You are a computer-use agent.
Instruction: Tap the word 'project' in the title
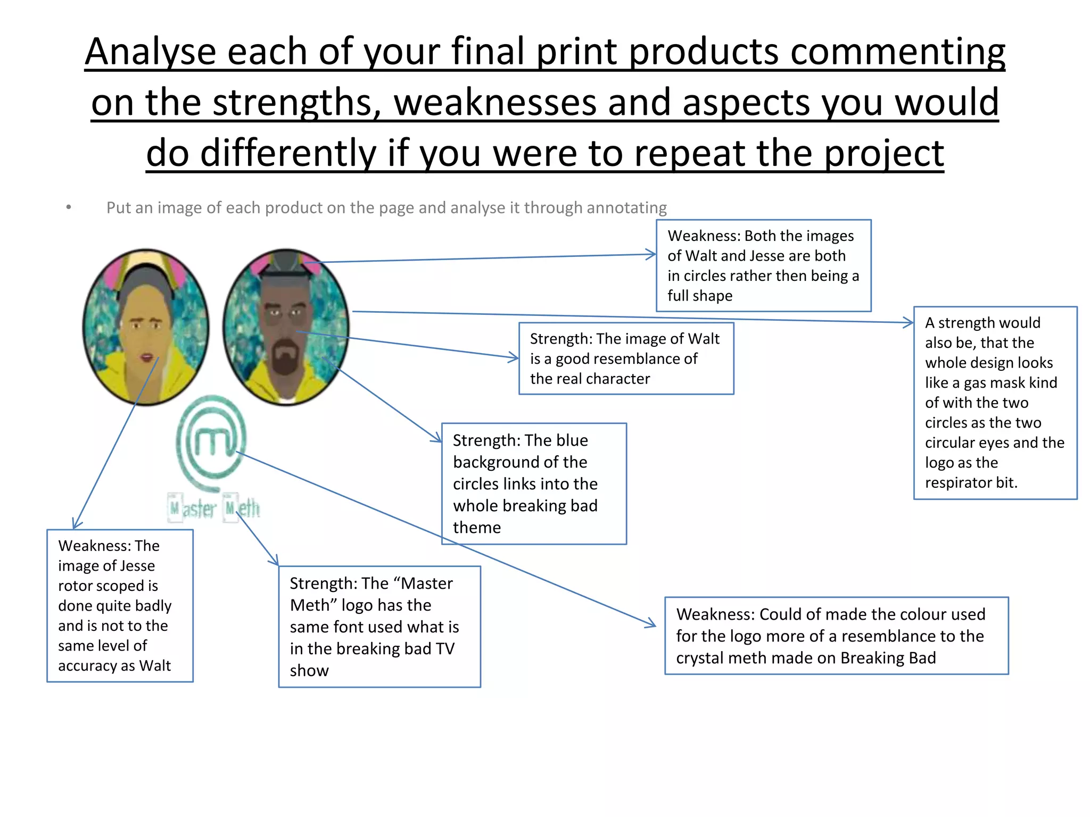tap(884, 154)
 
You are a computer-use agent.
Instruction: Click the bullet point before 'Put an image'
tap(68, 207)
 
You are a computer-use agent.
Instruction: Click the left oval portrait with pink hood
tap(146, 327)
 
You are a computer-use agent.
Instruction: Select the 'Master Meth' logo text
tap(214, 508)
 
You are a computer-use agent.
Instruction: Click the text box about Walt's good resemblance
tap(626, 359)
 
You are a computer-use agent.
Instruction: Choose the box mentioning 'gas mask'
tap(995, 403)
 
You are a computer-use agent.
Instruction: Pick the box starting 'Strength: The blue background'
tap(534, 483)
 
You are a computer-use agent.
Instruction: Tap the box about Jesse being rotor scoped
tap(120, 605)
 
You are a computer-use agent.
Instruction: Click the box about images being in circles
tap(763, 265)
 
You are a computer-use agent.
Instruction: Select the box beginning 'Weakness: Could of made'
tap(836, 636)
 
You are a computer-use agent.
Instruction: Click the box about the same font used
tap(379, 627)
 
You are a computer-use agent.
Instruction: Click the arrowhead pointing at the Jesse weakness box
tap(76, 524)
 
